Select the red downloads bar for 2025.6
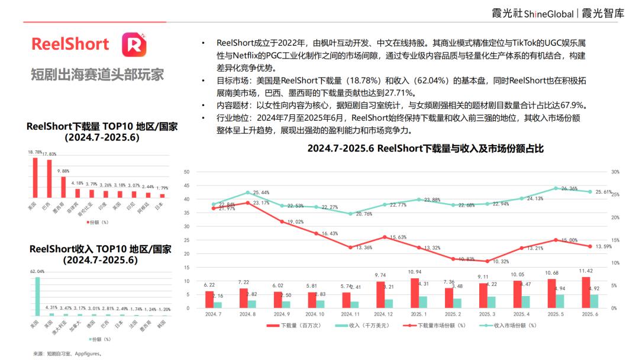[586, 292]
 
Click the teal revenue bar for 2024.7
[217, 305]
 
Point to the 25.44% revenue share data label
[261, 192]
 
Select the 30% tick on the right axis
[615, 172]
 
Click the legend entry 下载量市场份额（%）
[435, 326]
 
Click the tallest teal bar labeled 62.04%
[37, 296]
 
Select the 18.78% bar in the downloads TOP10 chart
[35, 177]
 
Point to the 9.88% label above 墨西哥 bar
[63, 171]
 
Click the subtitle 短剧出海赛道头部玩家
[97, 75]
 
